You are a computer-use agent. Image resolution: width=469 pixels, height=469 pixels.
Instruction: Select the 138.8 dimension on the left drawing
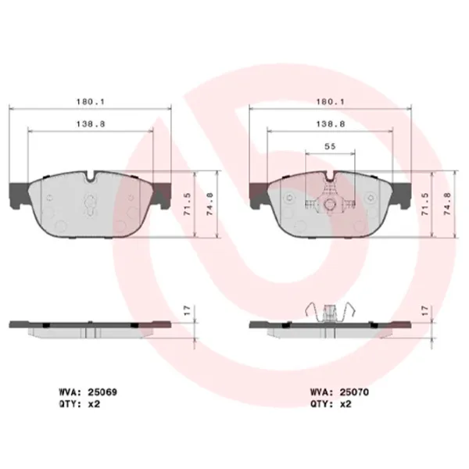91,124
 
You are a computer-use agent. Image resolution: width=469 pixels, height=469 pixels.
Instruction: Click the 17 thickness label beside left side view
186,311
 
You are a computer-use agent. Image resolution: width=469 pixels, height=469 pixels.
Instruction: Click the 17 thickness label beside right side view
425,311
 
